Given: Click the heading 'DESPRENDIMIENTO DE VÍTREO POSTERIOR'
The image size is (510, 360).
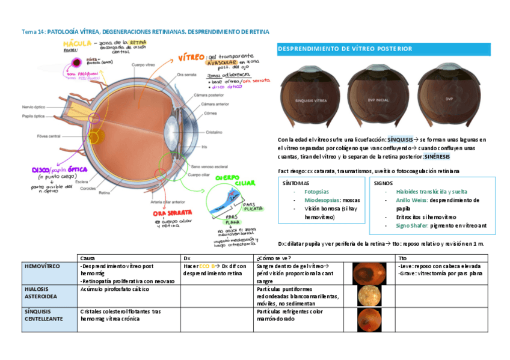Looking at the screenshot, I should pos(345,49).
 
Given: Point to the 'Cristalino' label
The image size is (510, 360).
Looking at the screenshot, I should pos(215,132).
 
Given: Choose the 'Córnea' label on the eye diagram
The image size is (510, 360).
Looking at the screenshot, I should pos(210,112).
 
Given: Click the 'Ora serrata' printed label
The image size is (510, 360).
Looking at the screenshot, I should pos(187,75).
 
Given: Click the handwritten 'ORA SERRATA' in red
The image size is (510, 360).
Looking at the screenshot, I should pos(172,213).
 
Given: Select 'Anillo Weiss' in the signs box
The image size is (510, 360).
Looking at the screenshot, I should pos(411,200).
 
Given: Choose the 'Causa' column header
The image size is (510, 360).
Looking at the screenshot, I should pos(87,257).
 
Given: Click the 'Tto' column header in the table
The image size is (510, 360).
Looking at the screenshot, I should pos(402,257).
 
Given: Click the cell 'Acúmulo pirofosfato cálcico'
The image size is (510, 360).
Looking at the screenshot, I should pos(114,289).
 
